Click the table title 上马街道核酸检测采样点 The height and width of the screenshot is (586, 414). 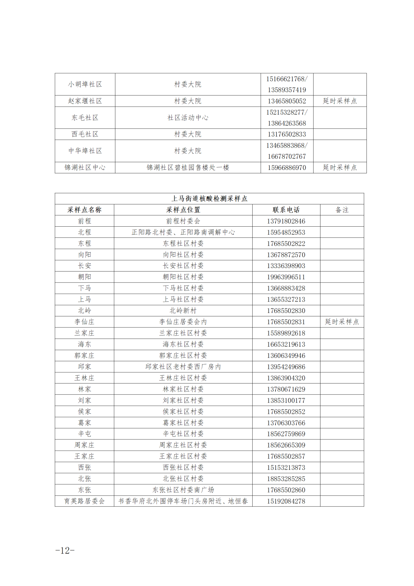[209, 199]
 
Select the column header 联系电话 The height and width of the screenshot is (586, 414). [286, 210]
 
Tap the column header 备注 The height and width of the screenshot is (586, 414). [342, 210]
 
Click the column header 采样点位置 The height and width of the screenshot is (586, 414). [183, 210]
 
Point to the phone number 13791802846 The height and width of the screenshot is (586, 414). [286, 221]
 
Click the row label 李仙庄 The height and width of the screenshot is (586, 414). [84, 322]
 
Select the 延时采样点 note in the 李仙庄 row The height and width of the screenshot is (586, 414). [342, 322]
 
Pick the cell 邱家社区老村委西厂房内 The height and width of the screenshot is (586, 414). [183, 367]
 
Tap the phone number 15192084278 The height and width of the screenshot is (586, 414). [286, 501]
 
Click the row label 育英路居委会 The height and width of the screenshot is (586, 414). [84, 501]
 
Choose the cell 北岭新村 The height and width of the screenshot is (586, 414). [183, 311]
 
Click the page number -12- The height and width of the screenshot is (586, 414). [65, 551]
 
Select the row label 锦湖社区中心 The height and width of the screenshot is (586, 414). [85, 168]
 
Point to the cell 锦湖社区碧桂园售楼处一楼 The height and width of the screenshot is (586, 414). [188, 168]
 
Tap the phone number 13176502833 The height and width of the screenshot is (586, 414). [287, 134]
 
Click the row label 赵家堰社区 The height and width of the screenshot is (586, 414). [85, 101]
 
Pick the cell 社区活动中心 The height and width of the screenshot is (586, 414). [188, 118]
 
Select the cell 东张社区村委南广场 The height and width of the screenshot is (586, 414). [183, 490]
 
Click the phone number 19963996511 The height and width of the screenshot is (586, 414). [286, 277]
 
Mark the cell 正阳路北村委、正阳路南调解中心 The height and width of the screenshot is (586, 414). [183, 232]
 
